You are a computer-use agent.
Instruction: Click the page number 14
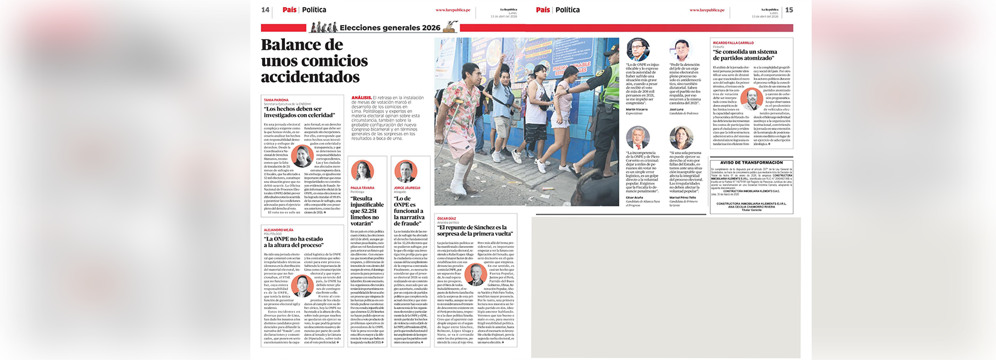coord(265,10)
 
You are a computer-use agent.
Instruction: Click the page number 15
coord(789,10)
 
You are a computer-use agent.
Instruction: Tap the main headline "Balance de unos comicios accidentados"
coord(314,61)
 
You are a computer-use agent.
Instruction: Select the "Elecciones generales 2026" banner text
coord(389,28)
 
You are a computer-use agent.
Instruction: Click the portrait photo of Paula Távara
coord(362,171)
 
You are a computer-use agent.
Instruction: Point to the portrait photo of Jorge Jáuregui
coord(406,171)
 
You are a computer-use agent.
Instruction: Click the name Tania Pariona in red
coord(276,100)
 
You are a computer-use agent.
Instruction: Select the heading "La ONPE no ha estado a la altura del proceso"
coord(294,242)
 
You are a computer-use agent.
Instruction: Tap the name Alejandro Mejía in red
coord(278,230)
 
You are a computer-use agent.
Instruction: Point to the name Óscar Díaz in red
coord(446,218)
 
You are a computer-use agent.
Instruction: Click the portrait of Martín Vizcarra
coord(637,50)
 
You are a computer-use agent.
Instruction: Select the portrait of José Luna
coord(680,50)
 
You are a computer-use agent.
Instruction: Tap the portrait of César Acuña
coord(637,138)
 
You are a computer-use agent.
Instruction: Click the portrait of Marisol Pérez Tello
coord(680,138)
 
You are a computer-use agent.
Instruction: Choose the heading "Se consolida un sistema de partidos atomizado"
coord(745,55)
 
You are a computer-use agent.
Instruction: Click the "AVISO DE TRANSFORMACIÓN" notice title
coord(751,163)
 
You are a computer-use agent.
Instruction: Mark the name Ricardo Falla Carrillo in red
coord(733,43)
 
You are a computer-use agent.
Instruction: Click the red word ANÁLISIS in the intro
coord(361,97)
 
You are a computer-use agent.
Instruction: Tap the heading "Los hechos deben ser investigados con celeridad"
coord(299,112)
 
